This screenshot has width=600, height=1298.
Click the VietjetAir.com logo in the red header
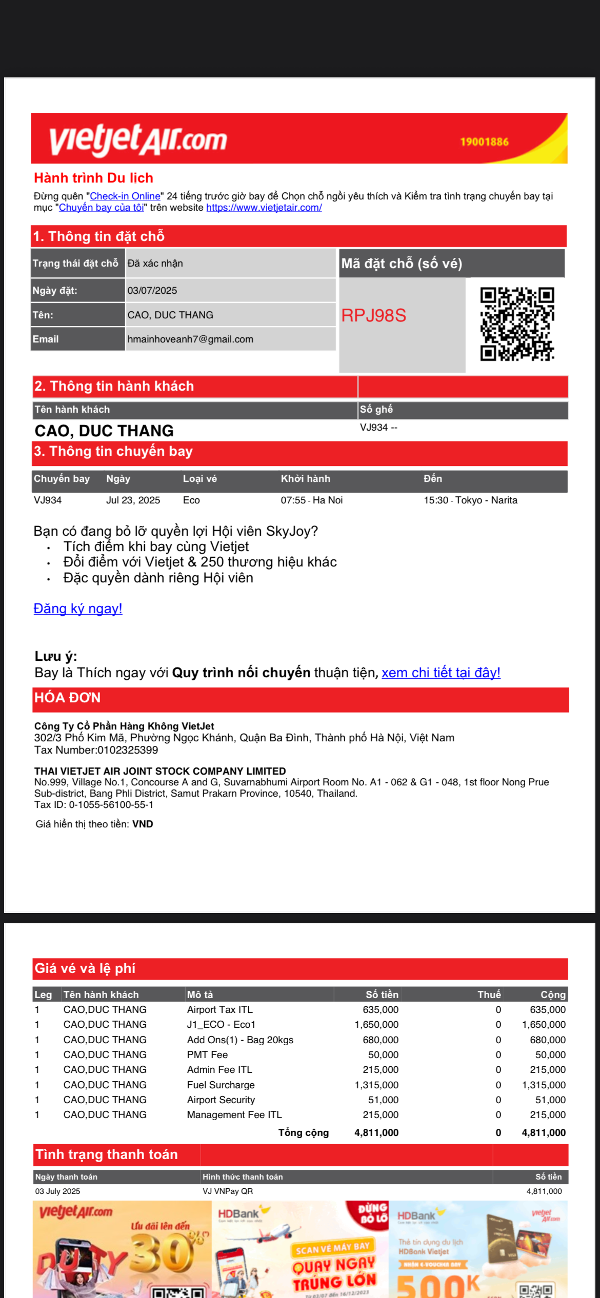(138, 139)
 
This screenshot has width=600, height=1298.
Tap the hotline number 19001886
(484, 142)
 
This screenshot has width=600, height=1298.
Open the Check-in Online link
(125, 196)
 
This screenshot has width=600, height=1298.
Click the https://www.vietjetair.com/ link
(264, 208)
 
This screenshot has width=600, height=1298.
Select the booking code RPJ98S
(374, 316)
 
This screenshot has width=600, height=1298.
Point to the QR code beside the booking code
(517, 324)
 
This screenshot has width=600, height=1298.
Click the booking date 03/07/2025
(152, 291)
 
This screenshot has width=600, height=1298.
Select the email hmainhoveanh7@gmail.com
(190, 339)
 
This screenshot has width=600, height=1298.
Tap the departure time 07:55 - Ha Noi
(311, 500)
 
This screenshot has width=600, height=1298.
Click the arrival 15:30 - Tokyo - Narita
(470, 500)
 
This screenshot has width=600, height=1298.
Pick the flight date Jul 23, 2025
(133, 500)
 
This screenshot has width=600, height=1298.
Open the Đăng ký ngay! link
(78, 609)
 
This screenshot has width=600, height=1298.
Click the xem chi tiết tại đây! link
(441, 673)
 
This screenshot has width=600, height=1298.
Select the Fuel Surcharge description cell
(221, 1085)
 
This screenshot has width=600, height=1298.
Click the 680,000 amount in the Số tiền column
(380, 1040)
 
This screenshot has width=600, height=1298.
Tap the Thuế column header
(489, 995)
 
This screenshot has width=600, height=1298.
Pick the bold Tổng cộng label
(303, 1132)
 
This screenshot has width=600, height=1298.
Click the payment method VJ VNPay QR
(228, 1191)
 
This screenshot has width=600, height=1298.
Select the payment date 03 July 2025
(57, 1191)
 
